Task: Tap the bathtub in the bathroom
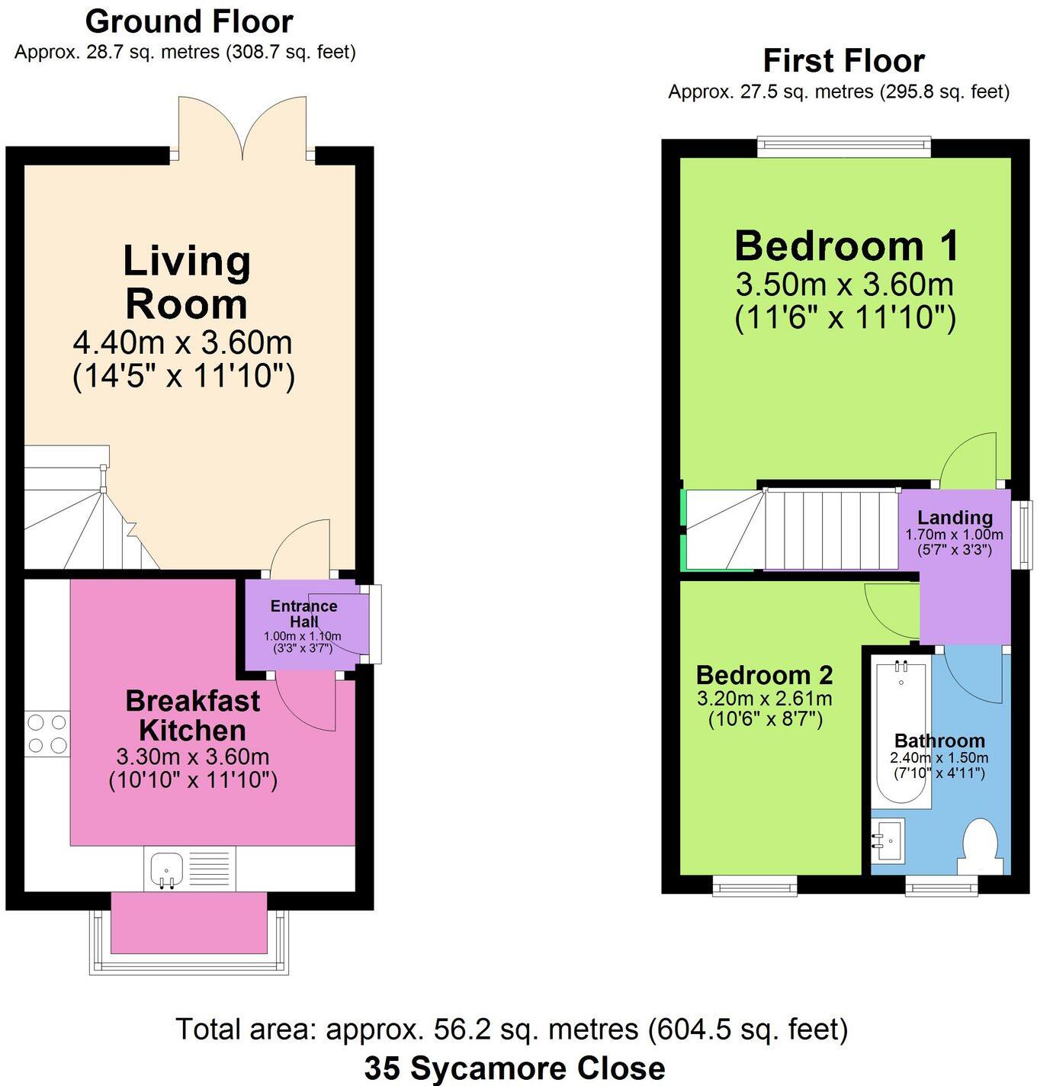coord(902,732)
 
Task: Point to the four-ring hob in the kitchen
coord(47,733)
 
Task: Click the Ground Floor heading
coord(189,22)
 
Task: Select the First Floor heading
coord(844,60)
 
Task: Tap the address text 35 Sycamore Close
coord(514,1068)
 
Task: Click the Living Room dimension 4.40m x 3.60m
coord(183,342)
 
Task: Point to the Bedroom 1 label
coord(846,246)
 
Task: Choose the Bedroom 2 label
coord(764,675)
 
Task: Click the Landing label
coord(955,518)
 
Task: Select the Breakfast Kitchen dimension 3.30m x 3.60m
coord(193,757)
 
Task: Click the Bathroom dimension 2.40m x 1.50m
coord(939,758)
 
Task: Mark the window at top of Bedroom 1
coord(844,146)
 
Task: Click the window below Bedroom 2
coord(755,885)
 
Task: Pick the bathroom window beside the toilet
coord(942,885)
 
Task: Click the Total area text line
coord(512,1030)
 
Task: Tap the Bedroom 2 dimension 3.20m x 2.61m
coord(765,698)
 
